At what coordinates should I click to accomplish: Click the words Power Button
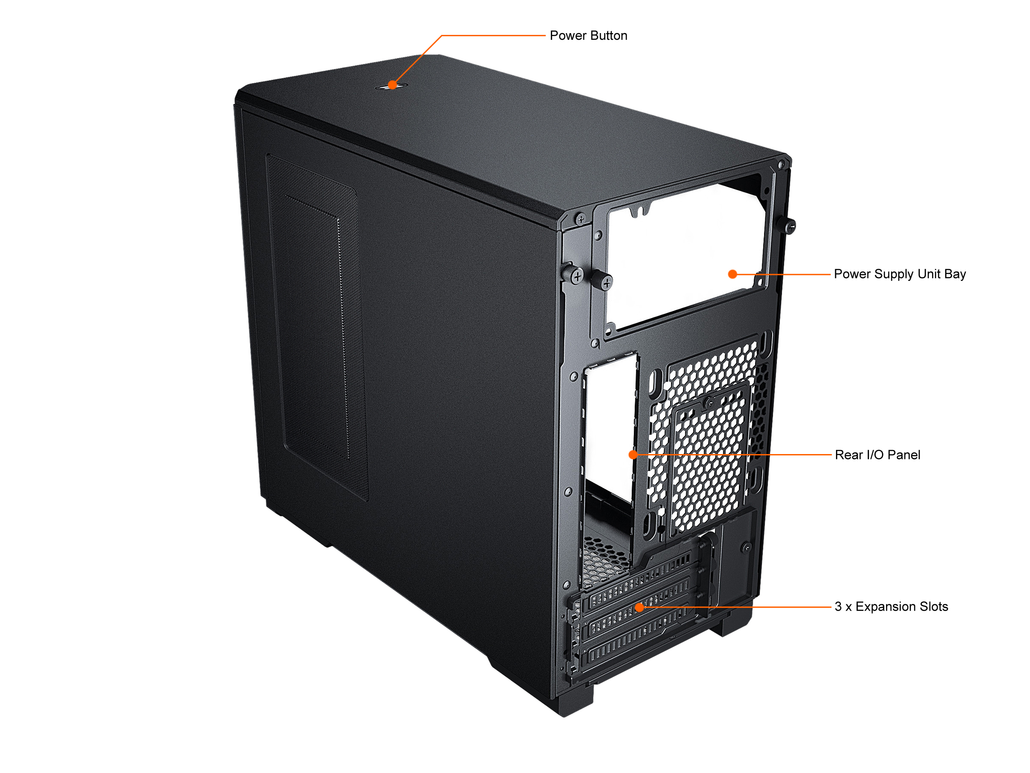tap(588, 36)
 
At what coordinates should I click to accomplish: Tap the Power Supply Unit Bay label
tap(899, 274)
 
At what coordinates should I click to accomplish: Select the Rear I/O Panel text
tap(877, 455)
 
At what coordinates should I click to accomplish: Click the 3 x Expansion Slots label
tap(891, 607)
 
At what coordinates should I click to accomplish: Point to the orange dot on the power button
tap(393, 85)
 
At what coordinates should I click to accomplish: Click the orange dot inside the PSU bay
tap(732, 274)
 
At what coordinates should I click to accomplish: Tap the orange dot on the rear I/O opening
tap(633, 454)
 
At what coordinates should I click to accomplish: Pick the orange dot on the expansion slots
tap(640, 607)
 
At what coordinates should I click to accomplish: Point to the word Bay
tap(955, 274)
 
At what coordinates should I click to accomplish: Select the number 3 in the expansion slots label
tap(838, 607)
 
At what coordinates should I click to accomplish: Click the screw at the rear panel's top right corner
tap(782, 165)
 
